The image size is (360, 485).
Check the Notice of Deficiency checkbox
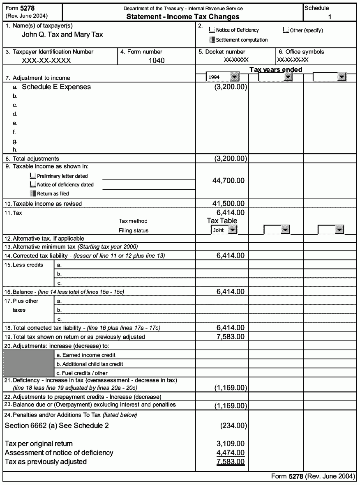[212, 30]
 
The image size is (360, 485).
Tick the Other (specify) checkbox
[286, 30]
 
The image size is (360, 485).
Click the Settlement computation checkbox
[212, 40]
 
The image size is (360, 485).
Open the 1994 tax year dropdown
[234, 77]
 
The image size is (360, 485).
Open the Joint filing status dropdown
[233, 230]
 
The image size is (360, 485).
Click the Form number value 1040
[157, 61]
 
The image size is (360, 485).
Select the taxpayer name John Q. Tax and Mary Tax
[62, 34]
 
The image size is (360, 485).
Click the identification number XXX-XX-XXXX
[46, 61]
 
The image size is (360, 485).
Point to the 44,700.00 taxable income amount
[228, 180]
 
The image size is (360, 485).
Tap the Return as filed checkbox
[33, 193]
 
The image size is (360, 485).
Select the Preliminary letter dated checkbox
[33, 176]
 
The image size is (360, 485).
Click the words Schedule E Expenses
[56, 87]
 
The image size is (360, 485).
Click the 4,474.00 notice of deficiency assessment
[230, 453]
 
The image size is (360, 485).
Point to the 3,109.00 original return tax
[230, 444]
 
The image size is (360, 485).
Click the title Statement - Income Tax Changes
[183, 17]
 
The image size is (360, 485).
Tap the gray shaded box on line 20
[28, 364]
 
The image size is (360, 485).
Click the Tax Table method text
[222, 221]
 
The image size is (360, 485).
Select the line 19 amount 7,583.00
[230, 337]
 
